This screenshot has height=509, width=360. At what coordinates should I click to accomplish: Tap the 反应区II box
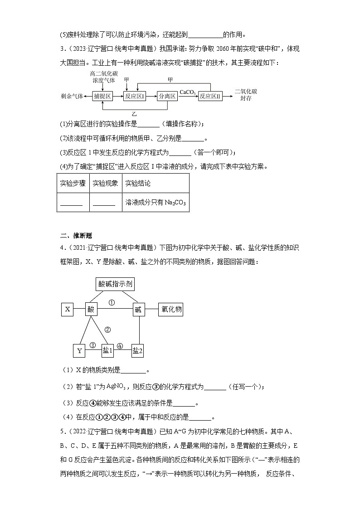tap(209, 96)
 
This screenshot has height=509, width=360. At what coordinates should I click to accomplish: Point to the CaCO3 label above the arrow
tap(187, 92)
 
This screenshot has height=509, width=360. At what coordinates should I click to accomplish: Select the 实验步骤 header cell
tap(73, 183)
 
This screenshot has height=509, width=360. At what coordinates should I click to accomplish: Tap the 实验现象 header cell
tap(105, 183)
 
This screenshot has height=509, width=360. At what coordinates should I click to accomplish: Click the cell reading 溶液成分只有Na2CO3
tap(155, 203)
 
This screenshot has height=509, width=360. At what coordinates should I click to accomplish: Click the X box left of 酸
tap(68, 310)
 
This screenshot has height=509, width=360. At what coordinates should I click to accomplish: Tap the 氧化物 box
tap(170, 310)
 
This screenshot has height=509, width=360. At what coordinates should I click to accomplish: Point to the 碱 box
tap(138, 310)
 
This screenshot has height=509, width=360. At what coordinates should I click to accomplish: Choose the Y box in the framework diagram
tap(79, 351)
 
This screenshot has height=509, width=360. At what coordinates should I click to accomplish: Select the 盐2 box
tap(138, 351)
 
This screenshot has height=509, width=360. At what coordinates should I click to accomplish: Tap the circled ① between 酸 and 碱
tap(112, 302)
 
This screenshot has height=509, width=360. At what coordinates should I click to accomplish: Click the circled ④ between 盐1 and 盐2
tap(120, 345)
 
